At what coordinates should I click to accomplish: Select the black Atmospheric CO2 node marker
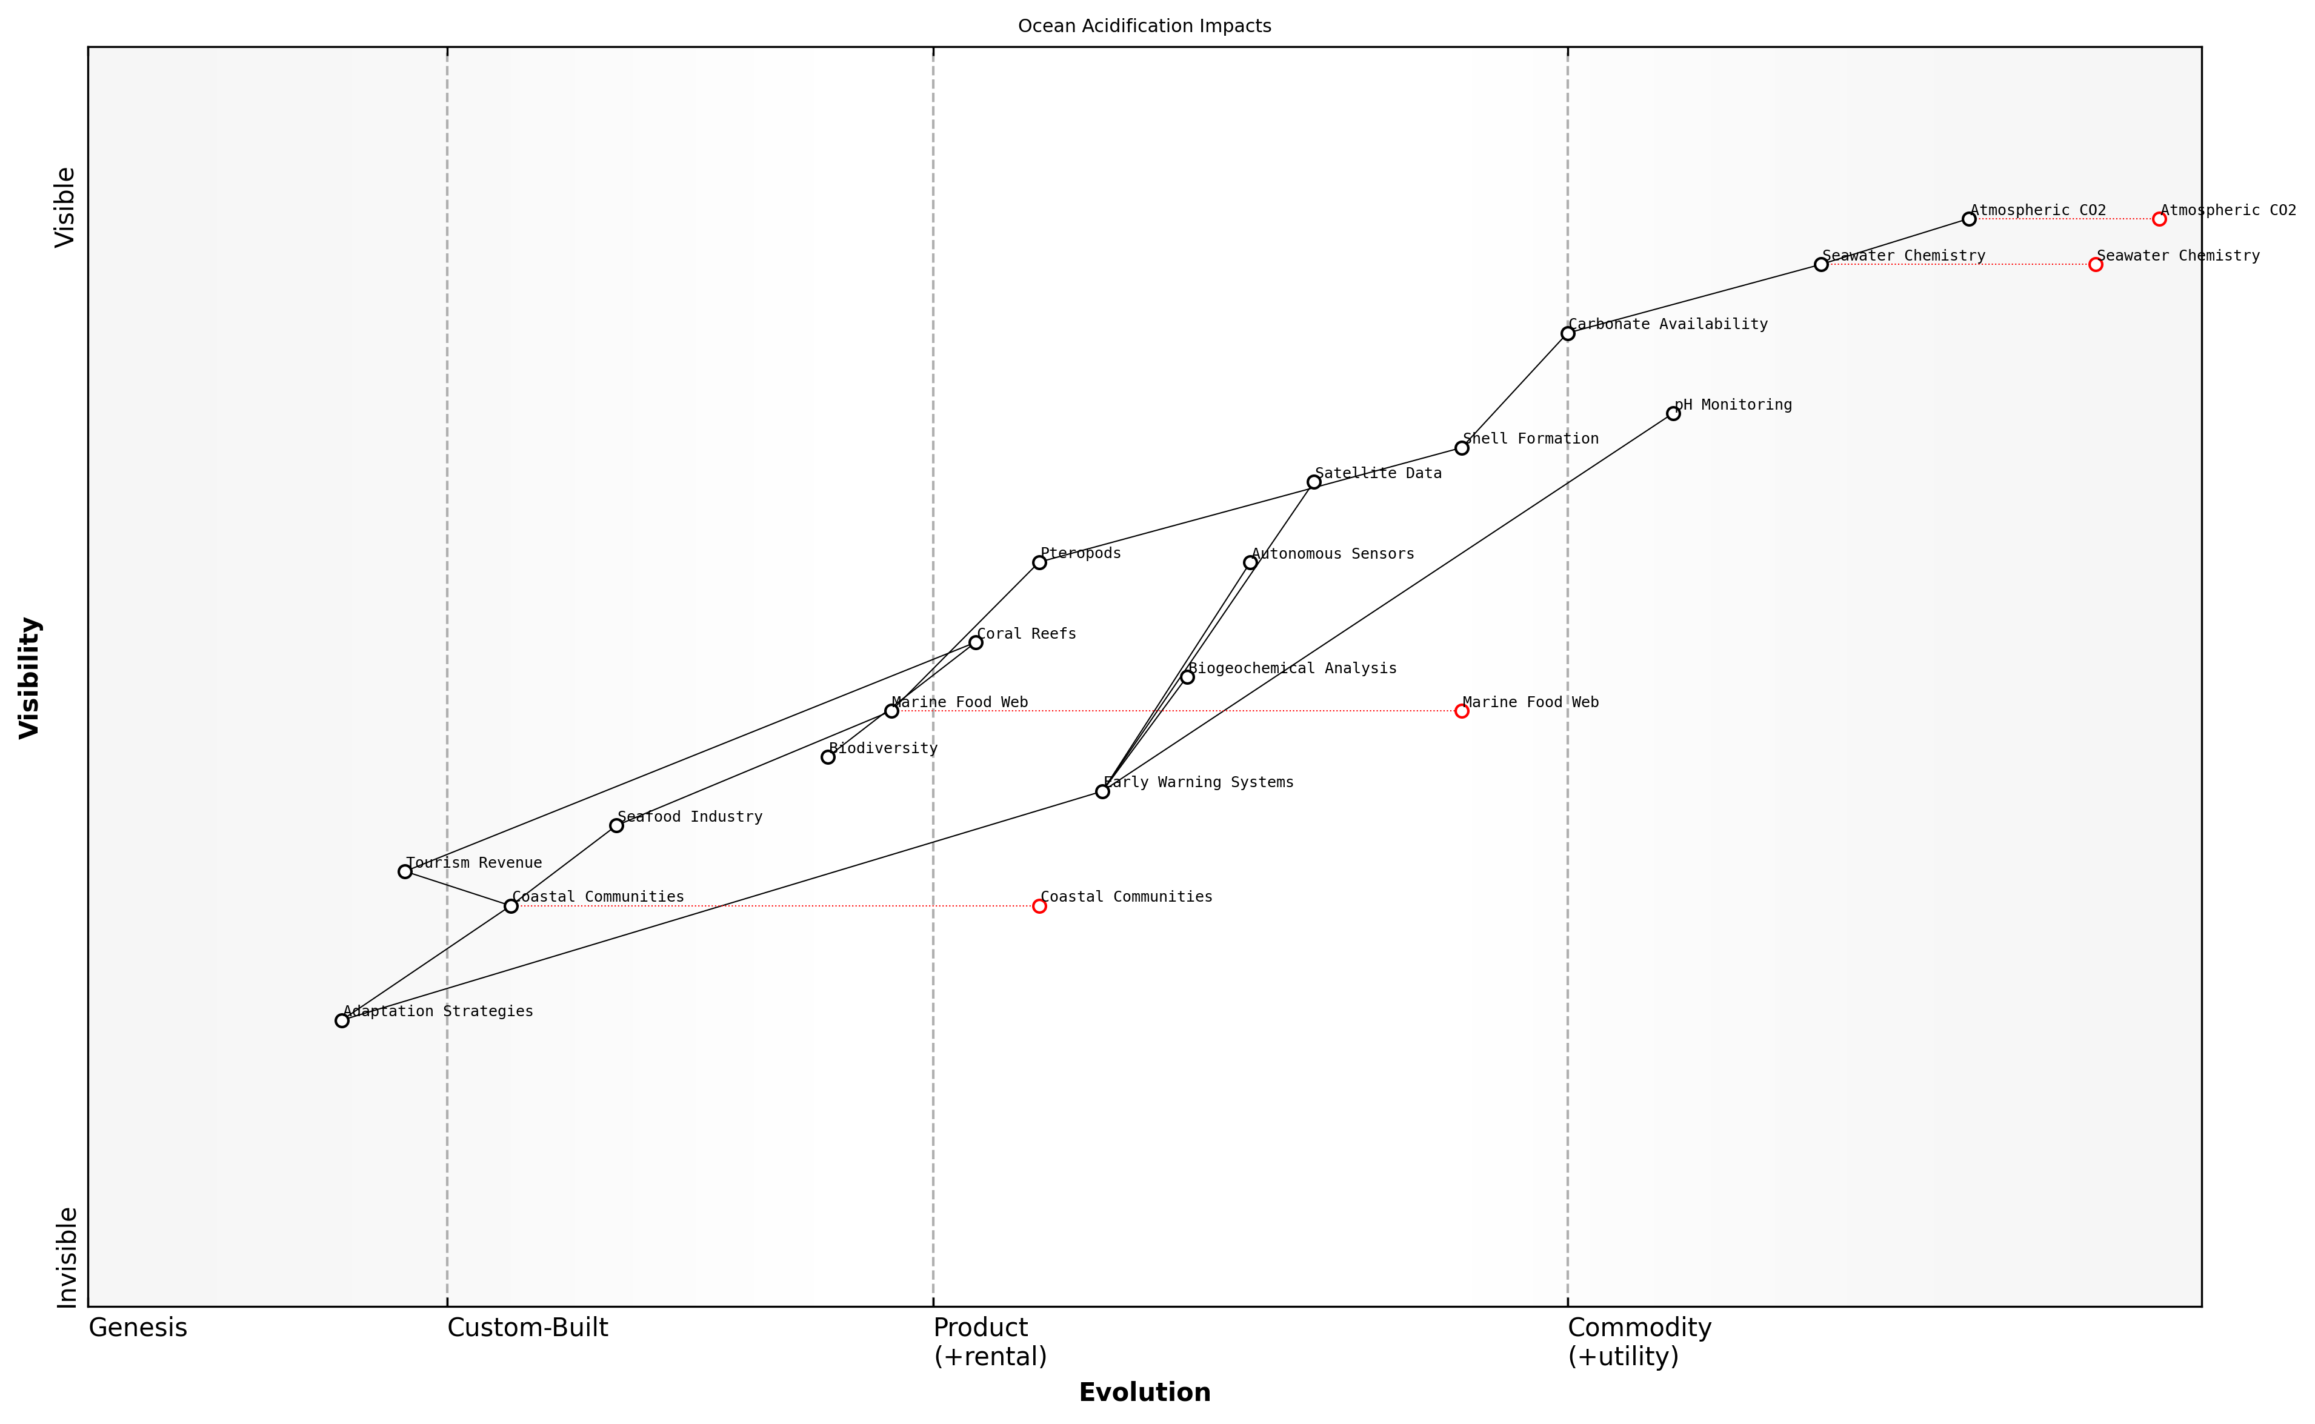click(x=1968, y=219)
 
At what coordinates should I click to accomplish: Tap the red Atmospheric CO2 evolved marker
click(x=2159, y=219)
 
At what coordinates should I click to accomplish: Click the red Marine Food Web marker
click(x=1461, y=711)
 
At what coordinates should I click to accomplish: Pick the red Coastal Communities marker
click(x=1039, y=906)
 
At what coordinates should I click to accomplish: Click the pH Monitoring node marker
click(x=1673, y=413)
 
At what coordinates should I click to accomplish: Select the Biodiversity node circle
click(x=828, y=757)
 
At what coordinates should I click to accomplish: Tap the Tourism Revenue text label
click(x=474, y=863)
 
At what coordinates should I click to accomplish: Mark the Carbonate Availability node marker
click(x=1567, y=333)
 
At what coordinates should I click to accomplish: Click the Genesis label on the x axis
click(x=138, y=1328)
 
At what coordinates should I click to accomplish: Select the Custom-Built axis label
click(x=527, y=1328)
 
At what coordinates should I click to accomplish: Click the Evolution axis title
click(x=1144, y=1392)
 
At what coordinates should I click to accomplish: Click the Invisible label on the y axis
click(x=66, y=1257)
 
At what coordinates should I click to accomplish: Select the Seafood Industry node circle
click(x=616, y=826)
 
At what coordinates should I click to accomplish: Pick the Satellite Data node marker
click(x=1313, y=482)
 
